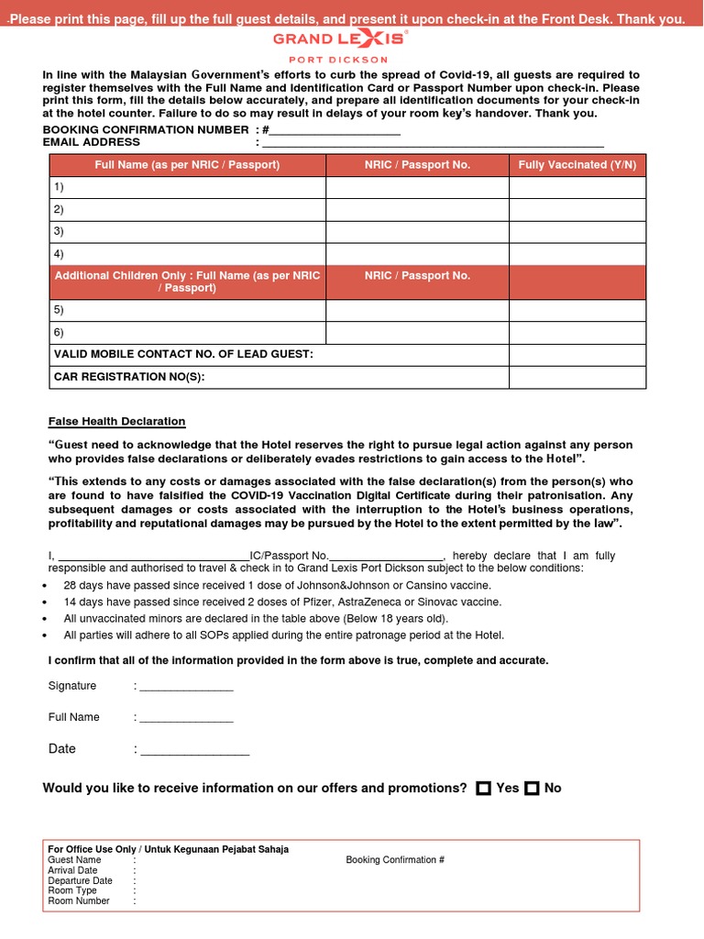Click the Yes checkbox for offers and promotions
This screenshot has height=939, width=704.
point(484,789)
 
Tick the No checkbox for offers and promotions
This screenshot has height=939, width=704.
point(532,789)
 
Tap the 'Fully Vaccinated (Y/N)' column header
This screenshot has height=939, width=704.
point(577,165)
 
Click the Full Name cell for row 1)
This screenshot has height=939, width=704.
point(188,187)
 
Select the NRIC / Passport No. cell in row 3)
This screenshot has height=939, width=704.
point(417,231)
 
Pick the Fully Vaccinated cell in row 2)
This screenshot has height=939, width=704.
point(577,209)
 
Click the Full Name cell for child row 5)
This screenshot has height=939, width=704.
point(188,310)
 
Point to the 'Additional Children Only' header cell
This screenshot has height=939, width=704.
point(188,282)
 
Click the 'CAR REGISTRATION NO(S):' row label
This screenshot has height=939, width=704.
point(129,377)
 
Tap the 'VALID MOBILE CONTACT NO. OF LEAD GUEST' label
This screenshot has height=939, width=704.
point(183,354)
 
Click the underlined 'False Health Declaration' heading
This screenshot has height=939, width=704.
point(116,422)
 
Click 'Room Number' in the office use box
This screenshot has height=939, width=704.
point(79,901)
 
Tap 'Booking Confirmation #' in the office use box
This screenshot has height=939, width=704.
point(395,860)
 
